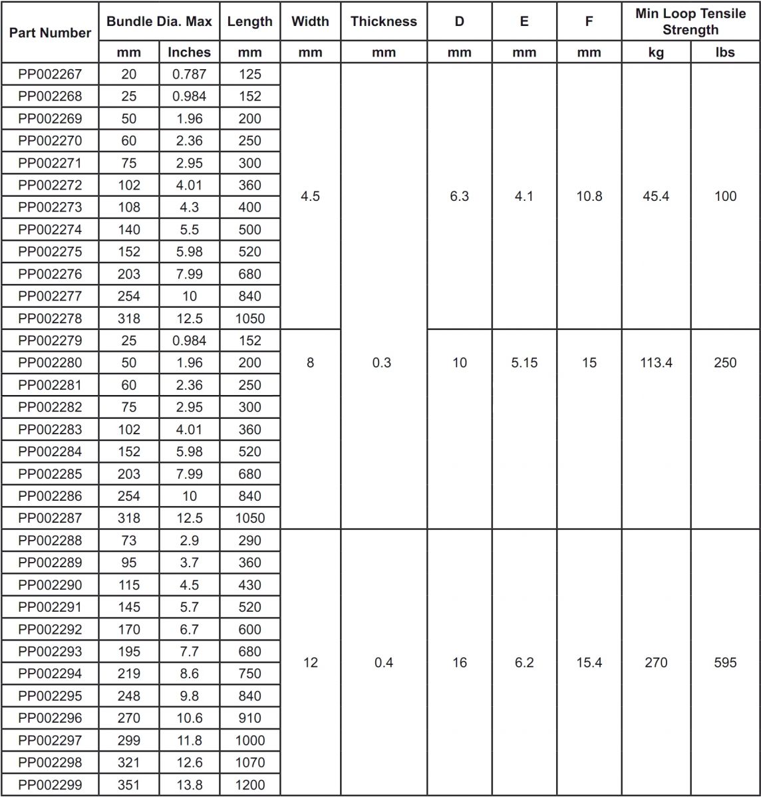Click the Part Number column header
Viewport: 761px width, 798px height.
50,33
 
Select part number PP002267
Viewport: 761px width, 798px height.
50,74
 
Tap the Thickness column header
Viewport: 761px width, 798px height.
384,21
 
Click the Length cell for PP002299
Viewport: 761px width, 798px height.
249,785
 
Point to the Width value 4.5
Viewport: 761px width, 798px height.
310,196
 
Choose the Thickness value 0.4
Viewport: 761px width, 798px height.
384,663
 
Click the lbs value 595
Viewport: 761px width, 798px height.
725,663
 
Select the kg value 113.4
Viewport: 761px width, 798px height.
656,363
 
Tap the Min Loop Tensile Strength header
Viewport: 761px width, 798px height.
690,21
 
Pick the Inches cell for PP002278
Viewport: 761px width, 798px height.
189,319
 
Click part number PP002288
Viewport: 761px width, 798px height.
50,541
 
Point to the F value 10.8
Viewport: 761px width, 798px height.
589,196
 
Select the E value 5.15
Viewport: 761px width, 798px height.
524,363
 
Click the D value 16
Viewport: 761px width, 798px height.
460,663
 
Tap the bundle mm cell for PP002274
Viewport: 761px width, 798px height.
129,229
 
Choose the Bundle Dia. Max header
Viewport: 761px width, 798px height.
159,21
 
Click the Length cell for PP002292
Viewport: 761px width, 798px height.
249,630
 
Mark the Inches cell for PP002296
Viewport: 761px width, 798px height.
189,718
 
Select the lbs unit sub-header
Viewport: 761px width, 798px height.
725,52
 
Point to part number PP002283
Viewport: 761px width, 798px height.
50,430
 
